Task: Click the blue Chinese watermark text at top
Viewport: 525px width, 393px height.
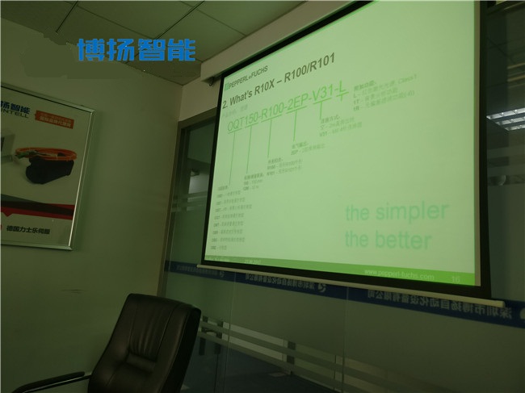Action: pos(136,50)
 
